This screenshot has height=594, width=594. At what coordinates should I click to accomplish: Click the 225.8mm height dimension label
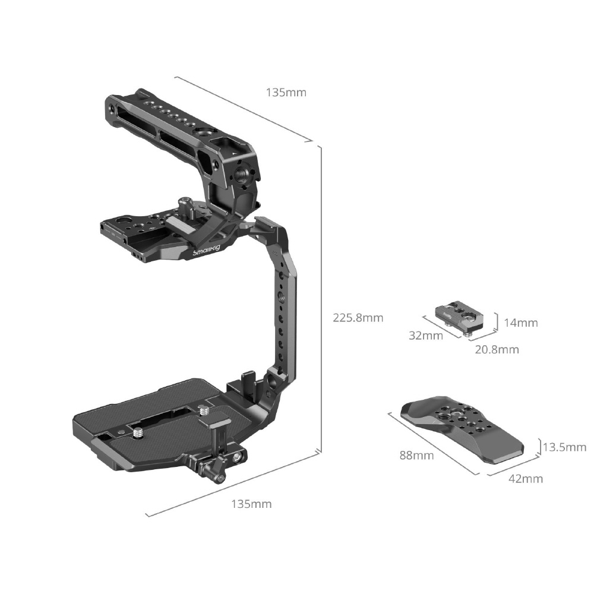[358, 317]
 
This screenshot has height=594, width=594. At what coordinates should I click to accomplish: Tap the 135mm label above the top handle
[286, 93]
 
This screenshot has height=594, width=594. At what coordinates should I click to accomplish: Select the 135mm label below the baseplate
[251, 504]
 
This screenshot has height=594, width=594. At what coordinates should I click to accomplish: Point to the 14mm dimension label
[521, 323]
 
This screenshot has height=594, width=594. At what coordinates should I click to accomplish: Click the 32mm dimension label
[426, 335]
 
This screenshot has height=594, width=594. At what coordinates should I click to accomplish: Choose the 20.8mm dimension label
[497, 349]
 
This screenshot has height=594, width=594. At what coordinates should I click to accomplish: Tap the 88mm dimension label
[417, 455]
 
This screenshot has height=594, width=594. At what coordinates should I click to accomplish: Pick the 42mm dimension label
[526, 478]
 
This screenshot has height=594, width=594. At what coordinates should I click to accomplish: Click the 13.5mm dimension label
[564, 447]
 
